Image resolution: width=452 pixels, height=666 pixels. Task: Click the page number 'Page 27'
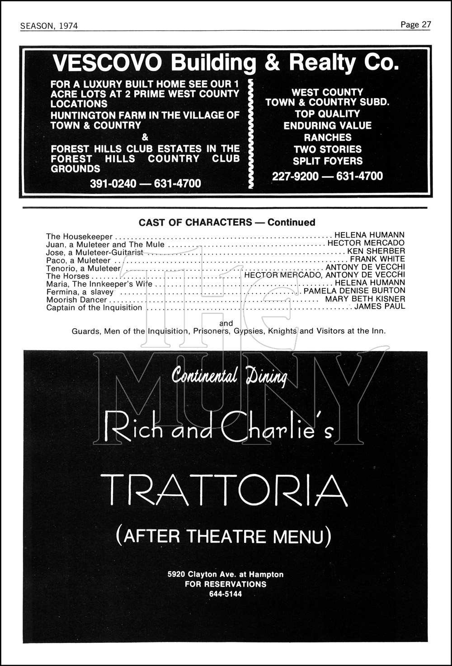pos(415,25)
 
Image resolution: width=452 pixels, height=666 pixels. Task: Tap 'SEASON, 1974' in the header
pos(49,26)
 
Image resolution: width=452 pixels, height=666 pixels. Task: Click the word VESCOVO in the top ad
pos(107,63)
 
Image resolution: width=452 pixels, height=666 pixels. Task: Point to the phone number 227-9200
pos(295,176)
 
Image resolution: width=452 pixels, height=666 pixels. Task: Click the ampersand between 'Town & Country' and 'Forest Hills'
pos(145,137)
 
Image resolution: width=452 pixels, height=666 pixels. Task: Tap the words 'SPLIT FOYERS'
pos(327,161)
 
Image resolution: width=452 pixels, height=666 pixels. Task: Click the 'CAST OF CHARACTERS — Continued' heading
pos(227,222)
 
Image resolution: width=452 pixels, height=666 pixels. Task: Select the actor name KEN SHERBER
pos(376,251)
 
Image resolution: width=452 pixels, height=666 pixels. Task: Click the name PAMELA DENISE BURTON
pos(354,291)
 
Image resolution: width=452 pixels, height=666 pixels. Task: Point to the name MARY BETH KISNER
pos(365,299)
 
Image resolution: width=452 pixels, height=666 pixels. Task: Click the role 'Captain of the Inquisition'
pos(94,307)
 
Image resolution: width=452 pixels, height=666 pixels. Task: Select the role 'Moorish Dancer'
pos(76,300)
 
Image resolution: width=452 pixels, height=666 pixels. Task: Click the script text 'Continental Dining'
pos(229,377)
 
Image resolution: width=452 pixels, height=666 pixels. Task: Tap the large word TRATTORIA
pos(224,491)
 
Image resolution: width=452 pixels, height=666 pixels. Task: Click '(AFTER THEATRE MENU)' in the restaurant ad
pos(224,536)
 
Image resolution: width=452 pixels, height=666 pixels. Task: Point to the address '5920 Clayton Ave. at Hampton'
pos(226,574)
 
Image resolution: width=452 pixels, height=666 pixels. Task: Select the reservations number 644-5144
pos(226,594)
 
